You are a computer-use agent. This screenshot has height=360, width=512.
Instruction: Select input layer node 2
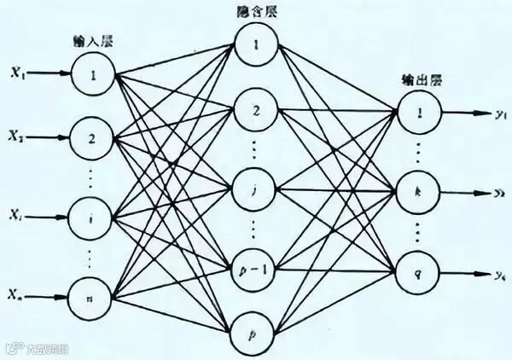[x=94, y=136]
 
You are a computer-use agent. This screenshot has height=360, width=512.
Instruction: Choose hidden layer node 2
[x=256, y=110]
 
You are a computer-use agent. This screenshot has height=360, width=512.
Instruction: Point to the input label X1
[x=18, y=73]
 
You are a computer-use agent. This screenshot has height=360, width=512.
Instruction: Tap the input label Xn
[x=18, y=294]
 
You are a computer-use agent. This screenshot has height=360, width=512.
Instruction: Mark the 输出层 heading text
[x=417, y=79]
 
